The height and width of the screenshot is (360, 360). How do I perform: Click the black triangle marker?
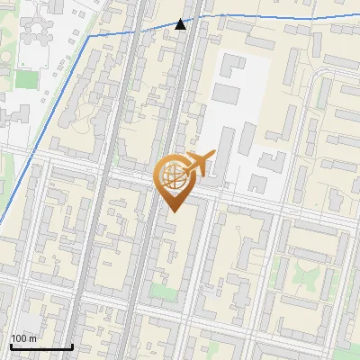point(181,24)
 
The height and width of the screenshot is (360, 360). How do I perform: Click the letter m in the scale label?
point(33,338)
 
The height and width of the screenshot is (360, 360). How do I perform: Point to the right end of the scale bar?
point(72,346)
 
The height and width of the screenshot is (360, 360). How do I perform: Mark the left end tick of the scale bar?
point(11,346)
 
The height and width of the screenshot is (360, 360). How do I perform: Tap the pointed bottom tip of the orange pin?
point(172,211)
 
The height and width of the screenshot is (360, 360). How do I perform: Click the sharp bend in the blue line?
point(88,37)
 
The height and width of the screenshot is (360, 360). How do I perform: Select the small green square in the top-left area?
point(27,79)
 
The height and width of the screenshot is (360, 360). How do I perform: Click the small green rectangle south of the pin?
point(163,292)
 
